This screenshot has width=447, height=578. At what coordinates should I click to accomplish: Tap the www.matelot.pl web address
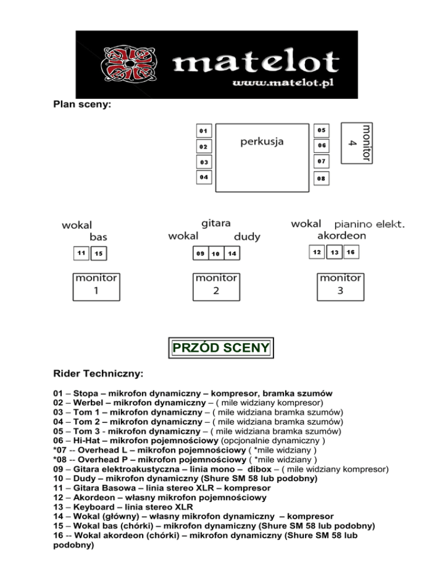click(x=282, y=84)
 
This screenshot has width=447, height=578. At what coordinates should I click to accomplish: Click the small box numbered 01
click(x=204, y=130)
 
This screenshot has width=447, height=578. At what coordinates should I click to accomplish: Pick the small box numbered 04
click(x=204, y=177)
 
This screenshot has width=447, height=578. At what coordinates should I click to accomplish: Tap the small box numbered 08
click(x=321, y=179)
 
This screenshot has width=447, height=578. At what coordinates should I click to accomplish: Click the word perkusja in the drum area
click(x=262, y=142)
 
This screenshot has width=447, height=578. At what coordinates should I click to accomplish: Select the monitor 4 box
click(x=356, y=142)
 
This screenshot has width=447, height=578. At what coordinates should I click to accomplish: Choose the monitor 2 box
click(x=215, y=285)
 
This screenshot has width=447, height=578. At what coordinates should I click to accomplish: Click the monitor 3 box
click(x=340, y=285)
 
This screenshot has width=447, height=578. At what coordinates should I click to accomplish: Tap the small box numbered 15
click(x=100, y=254)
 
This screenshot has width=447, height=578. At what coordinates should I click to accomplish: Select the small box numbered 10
click(x=215, y=254)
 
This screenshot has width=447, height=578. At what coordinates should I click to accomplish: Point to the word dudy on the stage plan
click(x=247, y=237)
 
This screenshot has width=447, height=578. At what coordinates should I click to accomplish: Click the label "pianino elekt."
click(x=369, y=224)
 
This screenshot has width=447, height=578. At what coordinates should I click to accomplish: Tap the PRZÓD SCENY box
click(x=221, y=348)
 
